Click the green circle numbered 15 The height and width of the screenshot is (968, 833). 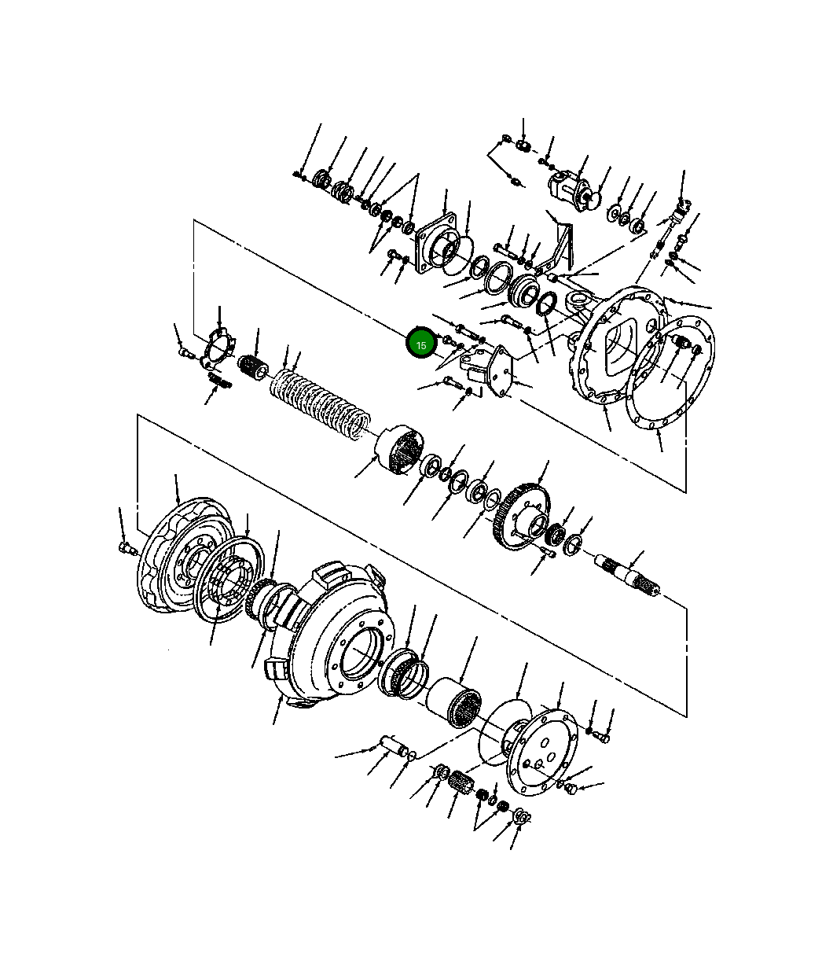coord(420,344)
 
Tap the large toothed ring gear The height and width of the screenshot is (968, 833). coord(521,516)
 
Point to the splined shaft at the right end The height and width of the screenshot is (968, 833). coord(627,576)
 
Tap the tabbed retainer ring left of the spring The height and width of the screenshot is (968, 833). coord(217,348)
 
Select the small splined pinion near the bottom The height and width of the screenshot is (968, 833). coord(461,781)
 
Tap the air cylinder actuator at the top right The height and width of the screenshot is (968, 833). coord(572,191)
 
